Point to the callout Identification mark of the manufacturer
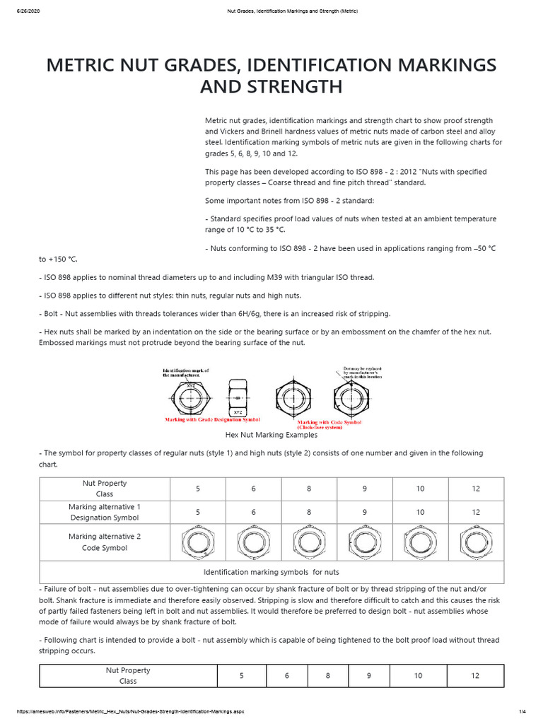191,373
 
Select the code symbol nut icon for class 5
197,542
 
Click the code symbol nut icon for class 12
476,542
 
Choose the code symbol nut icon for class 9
364,542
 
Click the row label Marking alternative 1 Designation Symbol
104,512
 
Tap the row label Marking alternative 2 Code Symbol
104,542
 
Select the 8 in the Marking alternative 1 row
308,512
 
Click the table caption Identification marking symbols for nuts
271,571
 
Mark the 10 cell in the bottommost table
418,676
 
